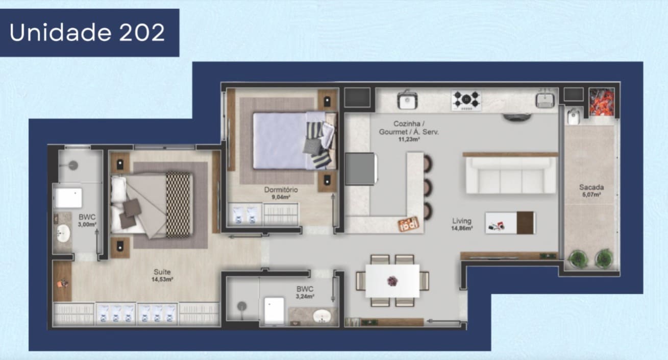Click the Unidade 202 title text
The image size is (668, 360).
tap(87, 32)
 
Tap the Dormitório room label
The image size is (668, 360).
tap(281, 189)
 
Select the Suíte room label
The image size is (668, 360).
tap(162, 272)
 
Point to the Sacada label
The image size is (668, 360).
tap(591, 187)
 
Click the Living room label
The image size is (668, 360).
tap(462, 221)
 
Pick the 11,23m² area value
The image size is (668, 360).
tap(409, 139)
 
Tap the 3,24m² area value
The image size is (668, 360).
tap(305, 296)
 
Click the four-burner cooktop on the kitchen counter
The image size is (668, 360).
tap(466, 100)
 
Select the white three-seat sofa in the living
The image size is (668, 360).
tap(511, 176)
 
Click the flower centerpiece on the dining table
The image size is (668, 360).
tap(392, 281)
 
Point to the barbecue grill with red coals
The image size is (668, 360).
tap(602, 102)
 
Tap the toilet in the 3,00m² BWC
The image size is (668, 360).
tap(68, 198)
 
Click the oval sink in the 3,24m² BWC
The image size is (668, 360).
tap(322, 316)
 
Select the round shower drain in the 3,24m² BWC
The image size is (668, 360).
tap(241, 306)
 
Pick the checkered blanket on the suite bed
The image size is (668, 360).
tap(178, 205)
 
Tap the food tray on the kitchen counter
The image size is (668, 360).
tap(409, 224)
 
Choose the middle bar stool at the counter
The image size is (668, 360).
tap(428, 187)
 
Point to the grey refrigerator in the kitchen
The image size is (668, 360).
tap(361, 169)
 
